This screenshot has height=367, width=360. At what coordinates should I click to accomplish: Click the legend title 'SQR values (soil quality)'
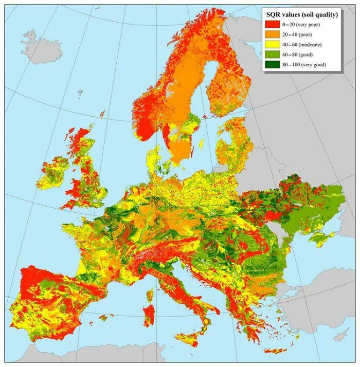pyautogui.click(x=301, y=15)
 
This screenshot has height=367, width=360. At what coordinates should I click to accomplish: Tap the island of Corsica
pyautogui.click(x=151, y=293)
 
